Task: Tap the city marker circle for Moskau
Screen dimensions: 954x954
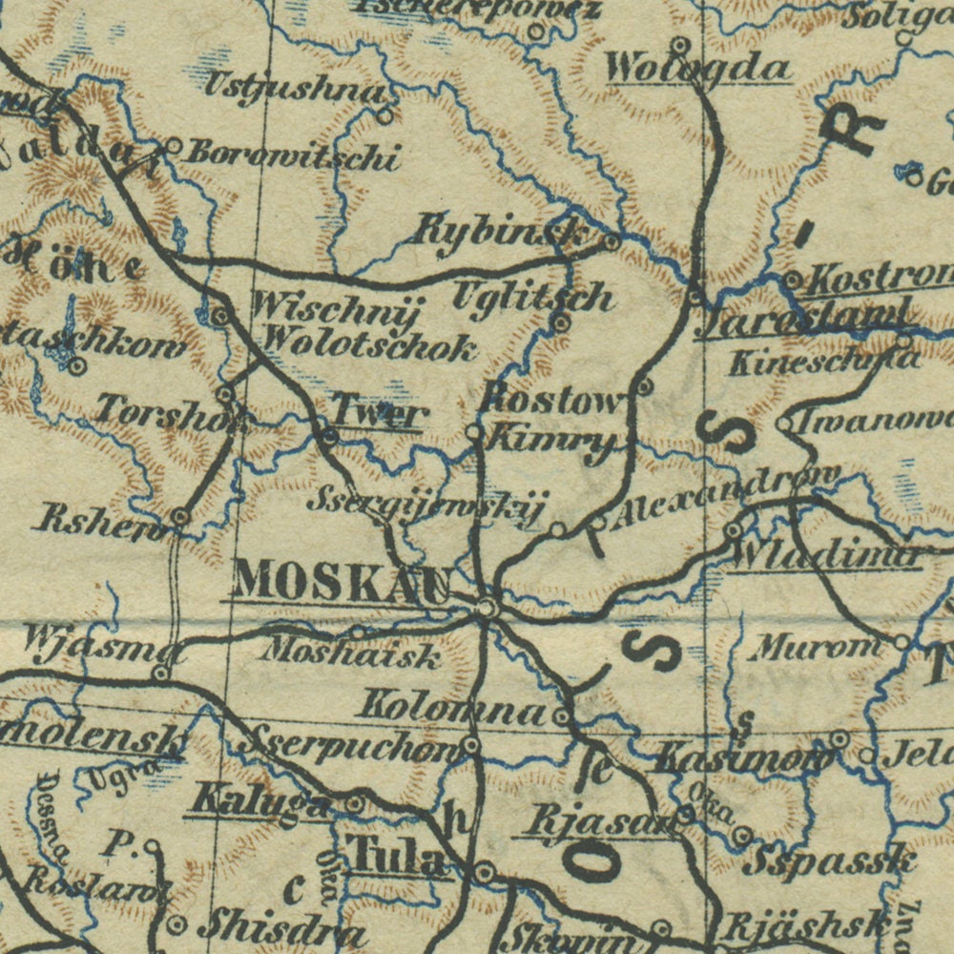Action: [x=487, y=607]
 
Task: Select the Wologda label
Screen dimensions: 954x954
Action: [x=698, y=69]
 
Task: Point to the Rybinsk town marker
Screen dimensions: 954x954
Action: [x=612, y=242]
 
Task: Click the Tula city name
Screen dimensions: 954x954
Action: [x=398, y=857]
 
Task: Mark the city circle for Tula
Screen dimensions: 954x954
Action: [x=485, y=872]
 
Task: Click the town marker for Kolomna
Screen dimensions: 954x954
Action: [x=563, y=715]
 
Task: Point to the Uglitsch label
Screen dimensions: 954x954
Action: [x=532, y=297]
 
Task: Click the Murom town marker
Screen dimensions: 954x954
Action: [x=902, y=642]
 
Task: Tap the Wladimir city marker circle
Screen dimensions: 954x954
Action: [x=733, y=530]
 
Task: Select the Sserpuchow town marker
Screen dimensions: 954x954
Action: [x=470, y=744]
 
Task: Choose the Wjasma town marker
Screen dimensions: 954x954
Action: [x=161, y=674]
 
